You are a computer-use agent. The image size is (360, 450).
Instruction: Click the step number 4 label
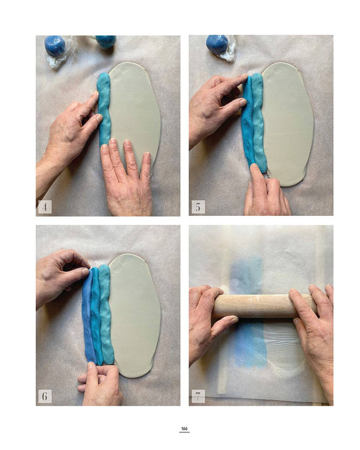coord(45,207)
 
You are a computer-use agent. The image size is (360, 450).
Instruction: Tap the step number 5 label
coord(198,207)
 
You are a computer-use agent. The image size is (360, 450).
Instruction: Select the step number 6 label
coord(45,396)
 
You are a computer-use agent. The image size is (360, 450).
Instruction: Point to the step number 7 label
coord(198,396)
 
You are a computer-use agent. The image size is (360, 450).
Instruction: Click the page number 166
coord(185,429)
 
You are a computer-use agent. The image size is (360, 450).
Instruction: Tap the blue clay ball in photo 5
coord(217,44)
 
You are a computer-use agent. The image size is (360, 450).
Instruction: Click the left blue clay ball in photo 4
coord(55,46)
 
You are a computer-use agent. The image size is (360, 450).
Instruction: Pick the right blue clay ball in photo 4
coord(105,41)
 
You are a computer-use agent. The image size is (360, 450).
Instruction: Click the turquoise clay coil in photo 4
coord(104,108)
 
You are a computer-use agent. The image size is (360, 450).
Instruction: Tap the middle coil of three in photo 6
coord(97,314)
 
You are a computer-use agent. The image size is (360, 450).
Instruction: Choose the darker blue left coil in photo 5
coord(247,124)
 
